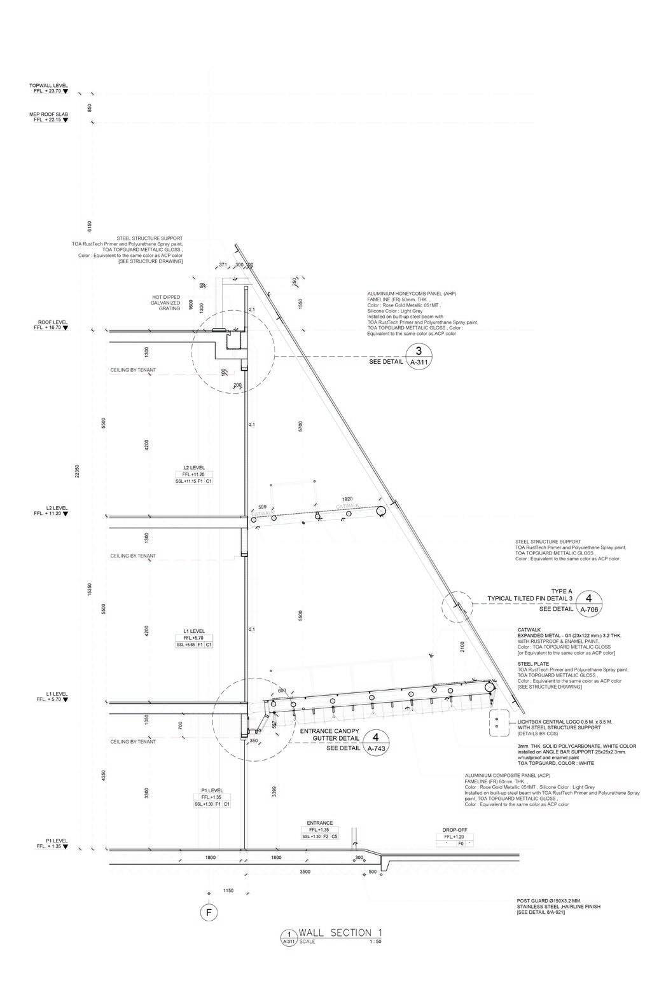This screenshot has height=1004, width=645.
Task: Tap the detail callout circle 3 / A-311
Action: pos(419,355)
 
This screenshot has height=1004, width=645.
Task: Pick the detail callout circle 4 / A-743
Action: pos(376,742)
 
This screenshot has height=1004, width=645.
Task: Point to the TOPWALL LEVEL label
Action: pos(48,85)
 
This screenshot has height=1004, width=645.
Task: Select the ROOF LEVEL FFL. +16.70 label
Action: pos(50,326)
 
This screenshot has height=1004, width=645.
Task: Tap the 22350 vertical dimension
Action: pos(77,469)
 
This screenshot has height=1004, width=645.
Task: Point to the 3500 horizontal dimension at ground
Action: pos(305,872)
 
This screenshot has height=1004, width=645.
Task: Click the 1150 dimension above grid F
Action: pos(228,891)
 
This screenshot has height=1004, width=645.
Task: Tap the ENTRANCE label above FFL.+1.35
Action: pos(319,823)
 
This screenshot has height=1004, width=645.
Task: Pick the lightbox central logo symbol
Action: pos(495,724)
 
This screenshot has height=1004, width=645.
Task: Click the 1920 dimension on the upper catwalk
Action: pos(347,499)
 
